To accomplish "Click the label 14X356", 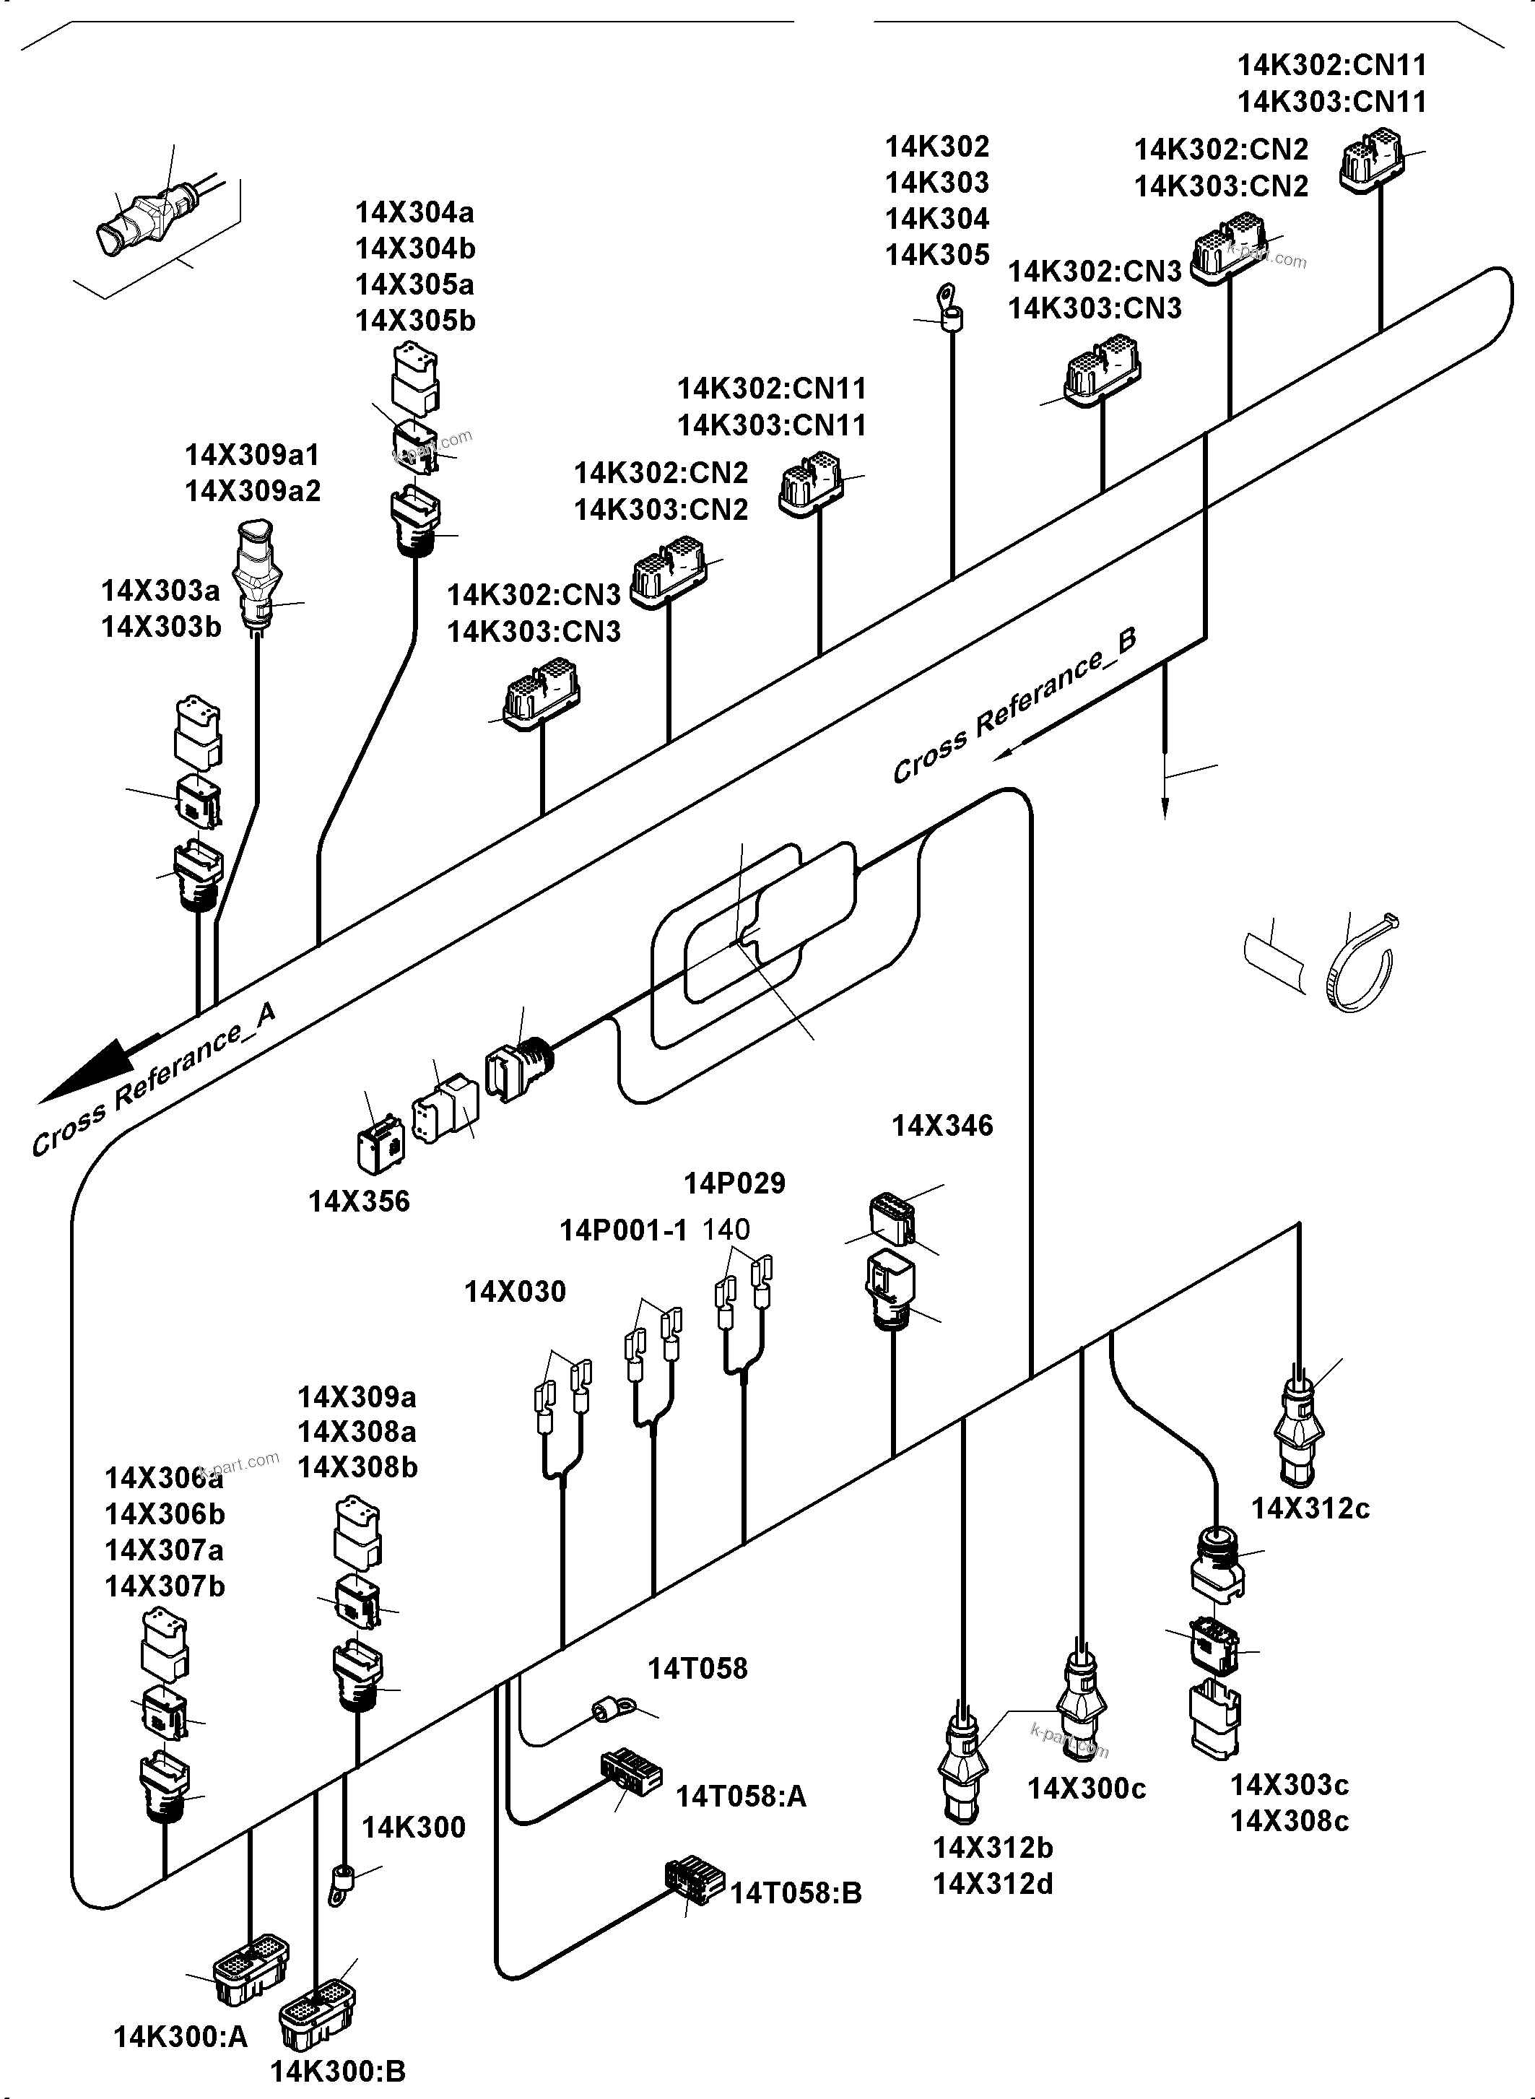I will [359, 1201].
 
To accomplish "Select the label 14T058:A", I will [741, 1796].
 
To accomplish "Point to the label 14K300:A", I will [181, 2037].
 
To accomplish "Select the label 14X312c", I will [1310, 1508].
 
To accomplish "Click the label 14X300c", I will [1086, 1789].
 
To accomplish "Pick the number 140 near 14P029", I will [726, 1230].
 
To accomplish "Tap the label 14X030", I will [515, 1292].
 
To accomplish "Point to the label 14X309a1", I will [252, 456].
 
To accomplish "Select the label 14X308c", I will [1289, 1820].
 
